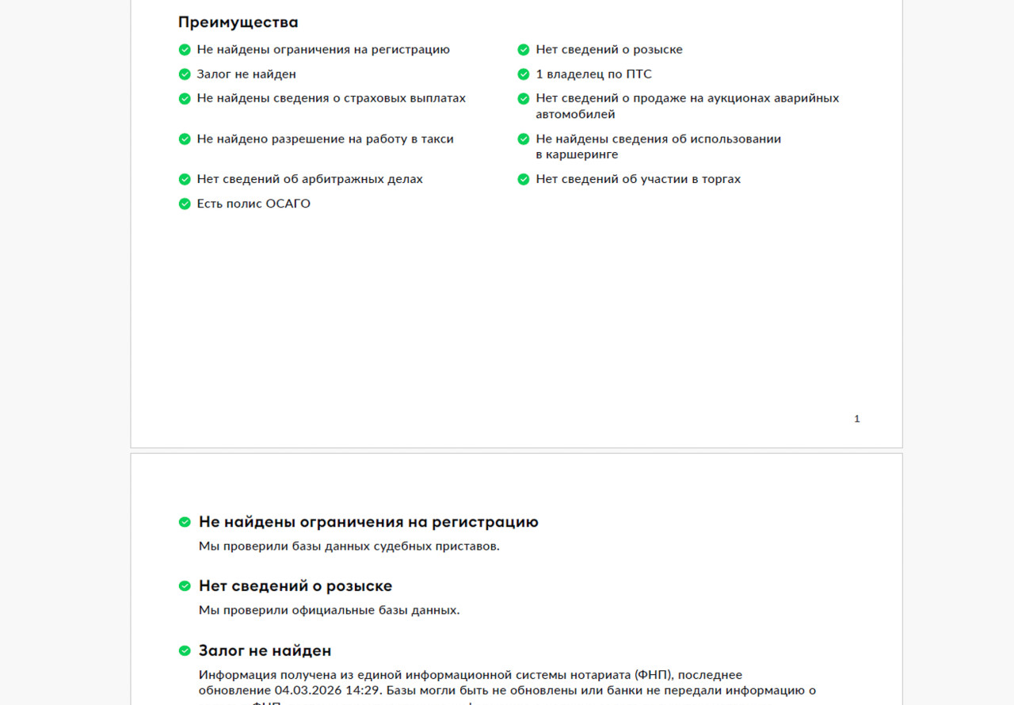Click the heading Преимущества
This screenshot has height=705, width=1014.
(238, 22)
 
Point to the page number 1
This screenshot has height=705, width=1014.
(856, 419)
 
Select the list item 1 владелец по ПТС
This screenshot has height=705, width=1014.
(593, 74)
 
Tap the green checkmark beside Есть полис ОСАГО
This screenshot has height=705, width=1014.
(185, 204)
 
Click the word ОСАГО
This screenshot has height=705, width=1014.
(288, 204)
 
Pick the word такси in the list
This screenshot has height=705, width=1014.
(437, 139)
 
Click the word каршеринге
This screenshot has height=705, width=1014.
(577, 155)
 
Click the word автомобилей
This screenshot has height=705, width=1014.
(575, 115)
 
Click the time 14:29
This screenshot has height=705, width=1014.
(362, 691)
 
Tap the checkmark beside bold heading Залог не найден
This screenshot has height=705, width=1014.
(185, 651)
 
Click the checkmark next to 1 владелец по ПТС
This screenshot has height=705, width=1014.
(524, 74)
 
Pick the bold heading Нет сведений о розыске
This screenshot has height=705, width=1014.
(295, 586)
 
